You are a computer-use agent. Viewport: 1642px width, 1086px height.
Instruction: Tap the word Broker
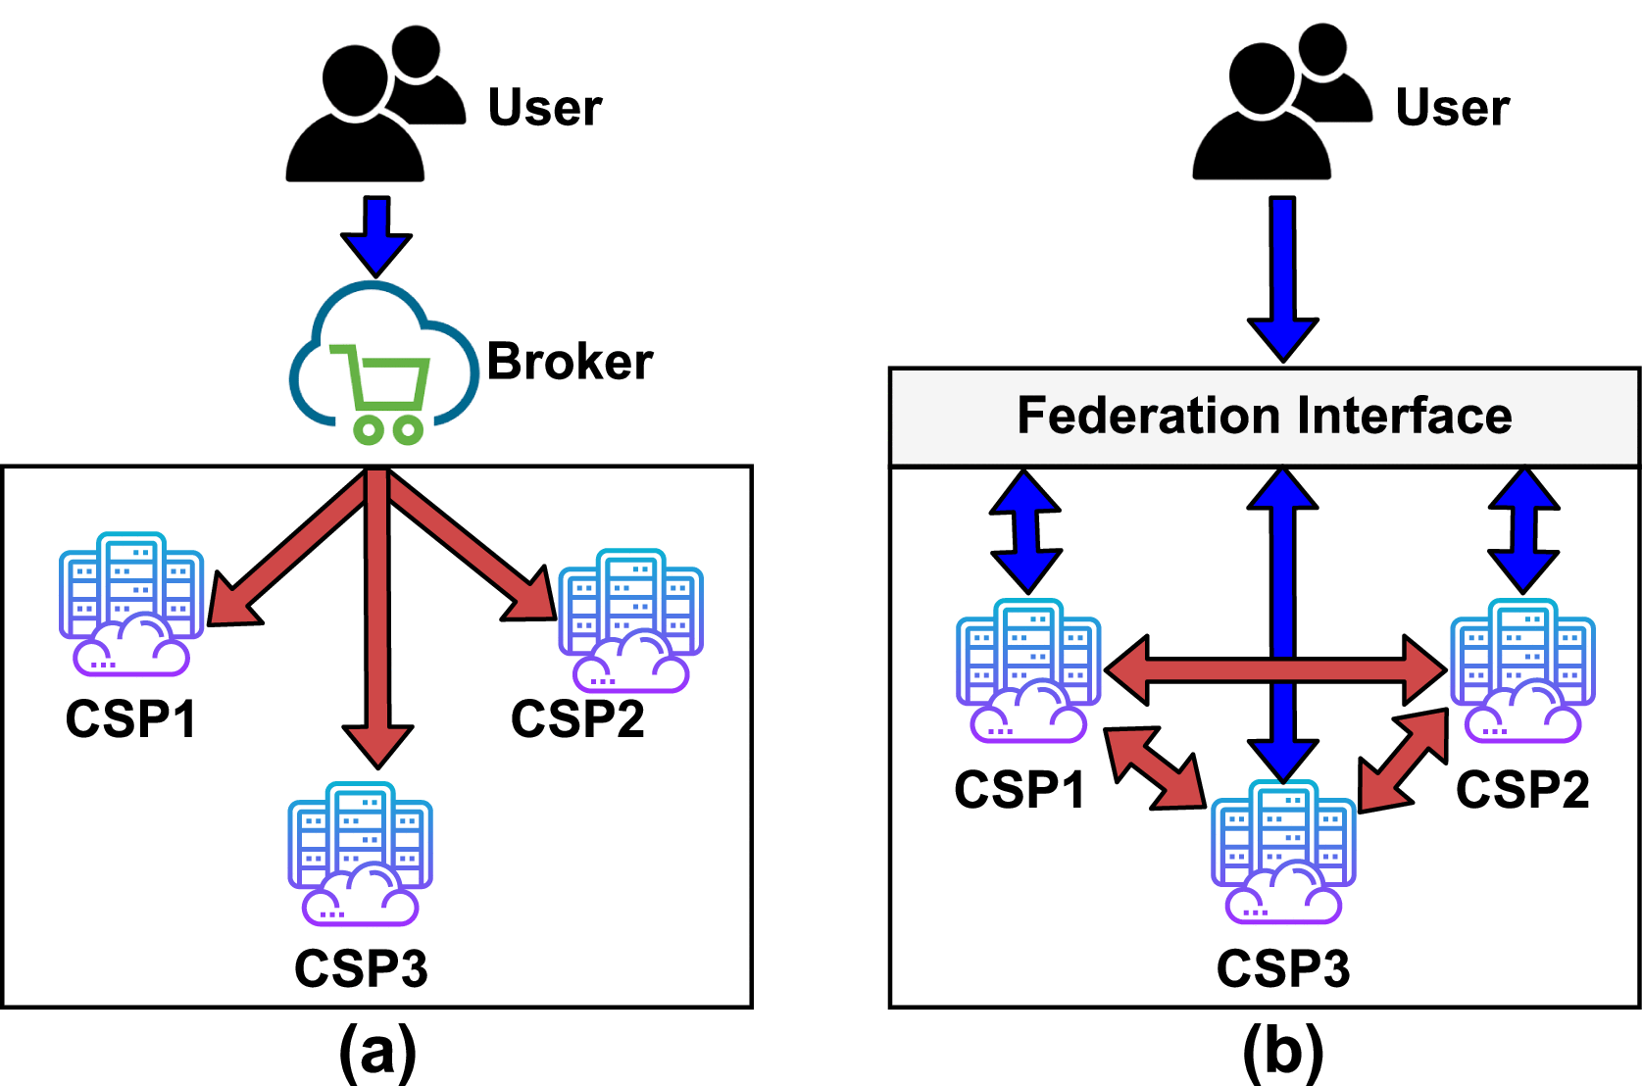coord(570,362)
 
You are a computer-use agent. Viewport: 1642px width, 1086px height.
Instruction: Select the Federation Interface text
coord(1264,416)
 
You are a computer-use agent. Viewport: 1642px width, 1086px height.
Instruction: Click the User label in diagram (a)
coord(545,108)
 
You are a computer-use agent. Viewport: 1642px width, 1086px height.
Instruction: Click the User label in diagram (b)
coord(1452,108)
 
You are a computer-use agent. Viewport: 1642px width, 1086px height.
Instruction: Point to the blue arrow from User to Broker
coord(376,235)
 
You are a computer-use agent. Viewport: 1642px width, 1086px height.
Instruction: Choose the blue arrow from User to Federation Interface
coord(1283,279)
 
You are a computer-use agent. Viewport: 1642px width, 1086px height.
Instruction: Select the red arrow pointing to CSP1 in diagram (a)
coord(284,554)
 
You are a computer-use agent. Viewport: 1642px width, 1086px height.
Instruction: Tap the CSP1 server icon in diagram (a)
coord(130,604)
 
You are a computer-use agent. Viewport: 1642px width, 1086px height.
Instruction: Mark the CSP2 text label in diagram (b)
coord(1522,790)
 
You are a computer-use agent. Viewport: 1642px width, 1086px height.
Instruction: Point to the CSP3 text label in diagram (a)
coord(361,969)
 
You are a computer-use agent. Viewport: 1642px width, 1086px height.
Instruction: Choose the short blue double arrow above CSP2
coord(1523,530)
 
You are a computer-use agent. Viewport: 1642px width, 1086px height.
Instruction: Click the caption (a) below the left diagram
coord(377,1052)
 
